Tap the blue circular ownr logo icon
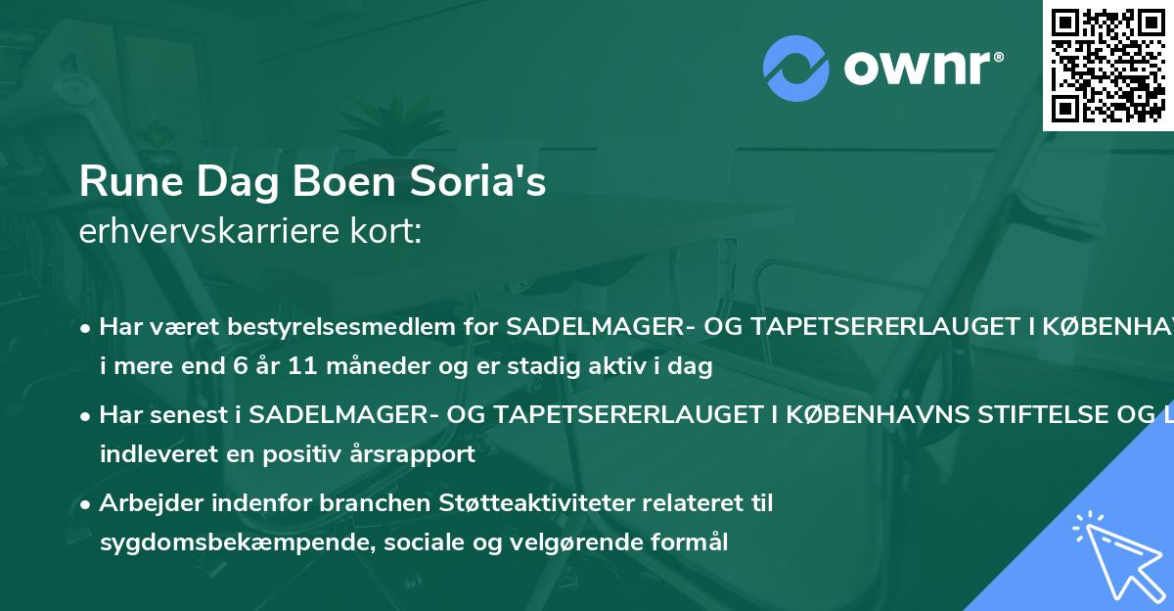click(x=797, y=68)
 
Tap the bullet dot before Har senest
click(x=87, y=416)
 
